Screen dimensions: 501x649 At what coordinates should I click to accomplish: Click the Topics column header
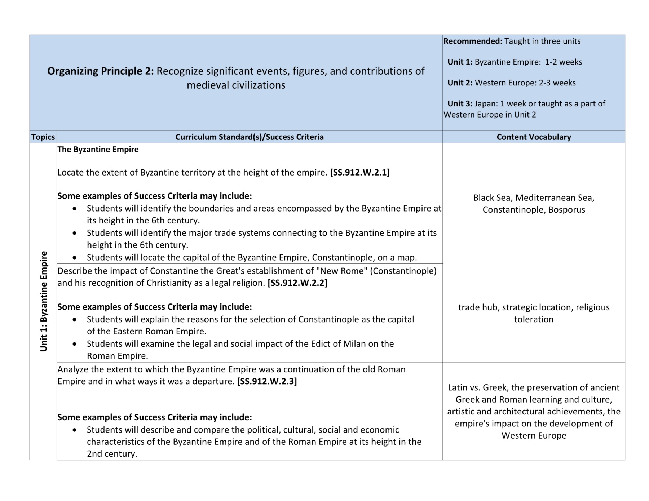point(43,137)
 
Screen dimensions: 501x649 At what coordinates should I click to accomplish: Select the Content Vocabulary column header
point(534,137)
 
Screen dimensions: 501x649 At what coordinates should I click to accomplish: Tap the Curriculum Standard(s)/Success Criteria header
point(250,137)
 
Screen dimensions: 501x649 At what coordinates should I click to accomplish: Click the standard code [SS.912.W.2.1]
point(360,172)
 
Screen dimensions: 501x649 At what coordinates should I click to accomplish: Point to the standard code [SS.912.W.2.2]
point(297,283)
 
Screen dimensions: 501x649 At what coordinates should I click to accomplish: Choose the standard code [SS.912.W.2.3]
point(267,381)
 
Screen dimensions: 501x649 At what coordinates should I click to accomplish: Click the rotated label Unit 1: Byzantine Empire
point(44,301)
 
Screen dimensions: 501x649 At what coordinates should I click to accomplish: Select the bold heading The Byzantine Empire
point(98,150)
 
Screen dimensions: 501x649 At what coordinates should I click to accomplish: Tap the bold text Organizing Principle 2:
point(101,71)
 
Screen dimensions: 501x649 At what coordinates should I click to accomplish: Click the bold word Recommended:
point(473,41)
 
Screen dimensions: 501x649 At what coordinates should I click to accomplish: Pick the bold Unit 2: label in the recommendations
point(460,83)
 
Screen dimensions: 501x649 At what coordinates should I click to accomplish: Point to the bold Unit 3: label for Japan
point(460,104)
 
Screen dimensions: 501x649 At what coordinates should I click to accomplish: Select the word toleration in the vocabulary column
point(534,319)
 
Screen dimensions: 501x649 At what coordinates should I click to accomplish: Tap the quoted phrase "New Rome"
point(342,271)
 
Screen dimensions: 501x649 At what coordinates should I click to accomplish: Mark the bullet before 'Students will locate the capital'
point(74,258)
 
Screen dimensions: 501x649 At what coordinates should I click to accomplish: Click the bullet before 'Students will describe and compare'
point(74,430)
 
